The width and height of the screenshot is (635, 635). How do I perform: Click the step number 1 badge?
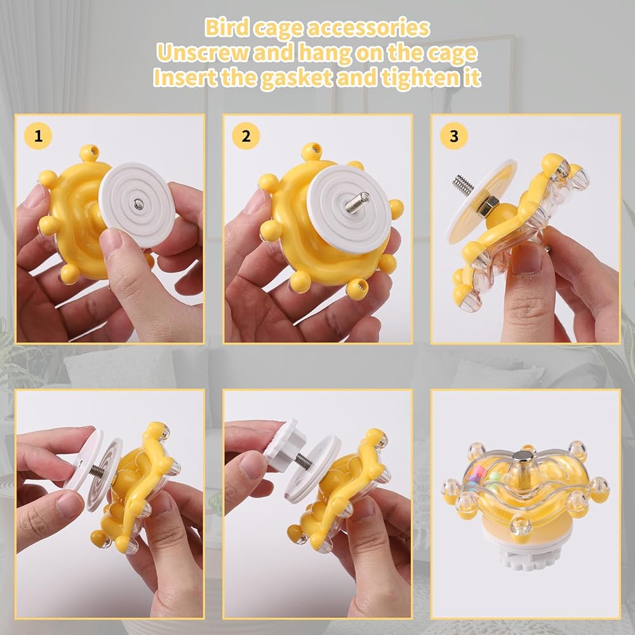coord(38,136)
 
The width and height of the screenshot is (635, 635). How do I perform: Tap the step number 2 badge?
coord(246,136)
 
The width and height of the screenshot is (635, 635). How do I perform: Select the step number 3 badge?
coord(454,136)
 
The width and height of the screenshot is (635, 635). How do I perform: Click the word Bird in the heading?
coord(227,27)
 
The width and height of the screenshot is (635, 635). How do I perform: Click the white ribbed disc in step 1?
coord(137,205)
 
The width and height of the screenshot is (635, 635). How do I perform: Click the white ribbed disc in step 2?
coord(348,209)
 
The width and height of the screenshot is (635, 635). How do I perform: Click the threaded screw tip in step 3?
coord(463,184)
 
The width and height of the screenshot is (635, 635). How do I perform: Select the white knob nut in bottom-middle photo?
coord(284,446)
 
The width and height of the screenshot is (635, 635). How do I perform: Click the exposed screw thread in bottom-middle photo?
coord(302,460)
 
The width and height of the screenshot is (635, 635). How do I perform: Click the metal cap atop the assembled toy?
coord(524,458)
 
